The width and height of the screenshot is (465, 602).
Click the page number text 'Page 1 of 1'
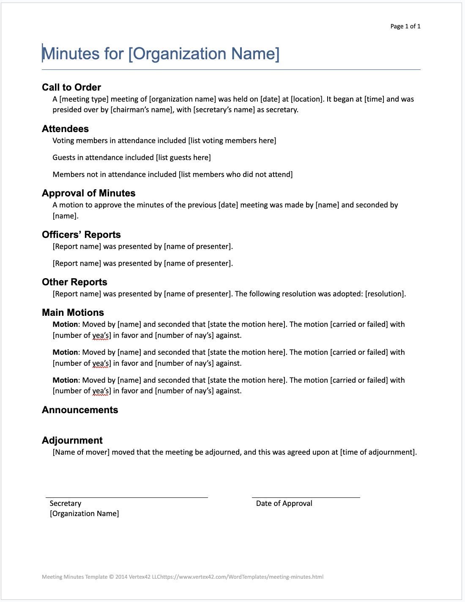click(x=405, y=26)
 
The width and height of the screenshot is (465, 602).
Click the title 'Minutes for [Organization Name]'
click(x=161, y=54)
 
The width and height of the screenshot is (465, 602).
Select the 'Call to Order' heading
click(x=71, y=87)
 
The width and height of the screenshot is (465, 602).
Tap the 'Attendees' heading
click(x=65, y=129)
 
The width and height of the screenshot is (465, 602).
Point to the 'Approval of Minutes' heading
click(x=88, y=193)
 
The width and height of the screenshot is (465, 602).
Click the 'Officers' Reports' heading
click(x=81, y=235)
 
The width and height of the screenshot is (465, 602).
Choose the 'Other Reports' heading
click(x=74, y=282)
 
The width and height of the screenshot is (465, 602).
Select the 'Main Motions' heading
click(x=73, y=312)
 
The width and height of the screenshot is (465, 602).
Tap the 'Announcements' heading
click(x=80, y=410)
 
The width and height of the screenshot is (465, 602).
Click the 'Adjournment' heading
click(x=72, y=440)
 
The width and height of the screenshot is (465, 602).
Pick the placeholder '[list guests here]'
click(x=183, y=157)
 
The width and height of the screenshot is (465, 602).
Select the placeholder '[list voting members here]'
click(x=232, y=141)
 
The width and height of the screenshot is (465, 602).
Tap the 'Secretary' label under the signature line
click(x=66, y=503)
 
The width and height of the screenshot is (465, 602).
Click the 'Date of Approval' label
click(x=284, y=503)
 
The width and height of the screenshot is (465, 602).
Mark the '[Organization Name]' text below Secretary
click(x=84, y=514)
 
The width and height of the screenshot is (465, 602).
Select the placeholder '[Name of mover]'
click(x=81, y=452)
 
